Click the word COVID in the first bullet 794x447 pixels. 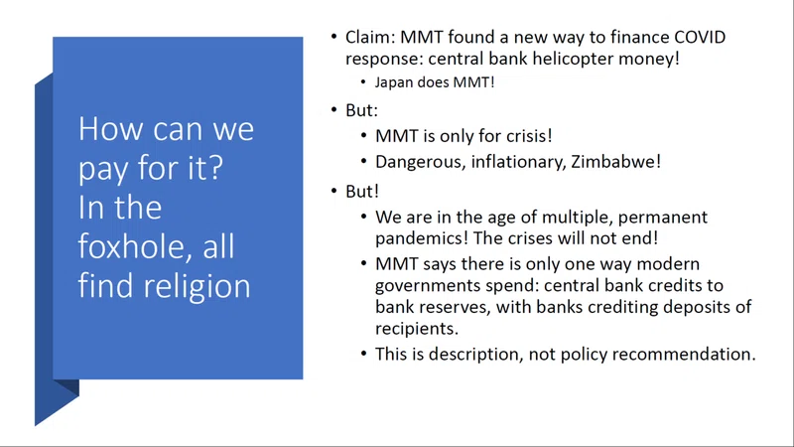(701, 37)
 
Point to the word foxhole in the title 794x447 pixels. (131, 246)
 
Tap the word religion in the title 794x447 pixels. (197, 286)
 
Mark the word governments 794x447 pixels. (427, 286)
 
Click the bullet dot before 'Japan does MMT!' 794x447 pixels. (363, 82)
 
